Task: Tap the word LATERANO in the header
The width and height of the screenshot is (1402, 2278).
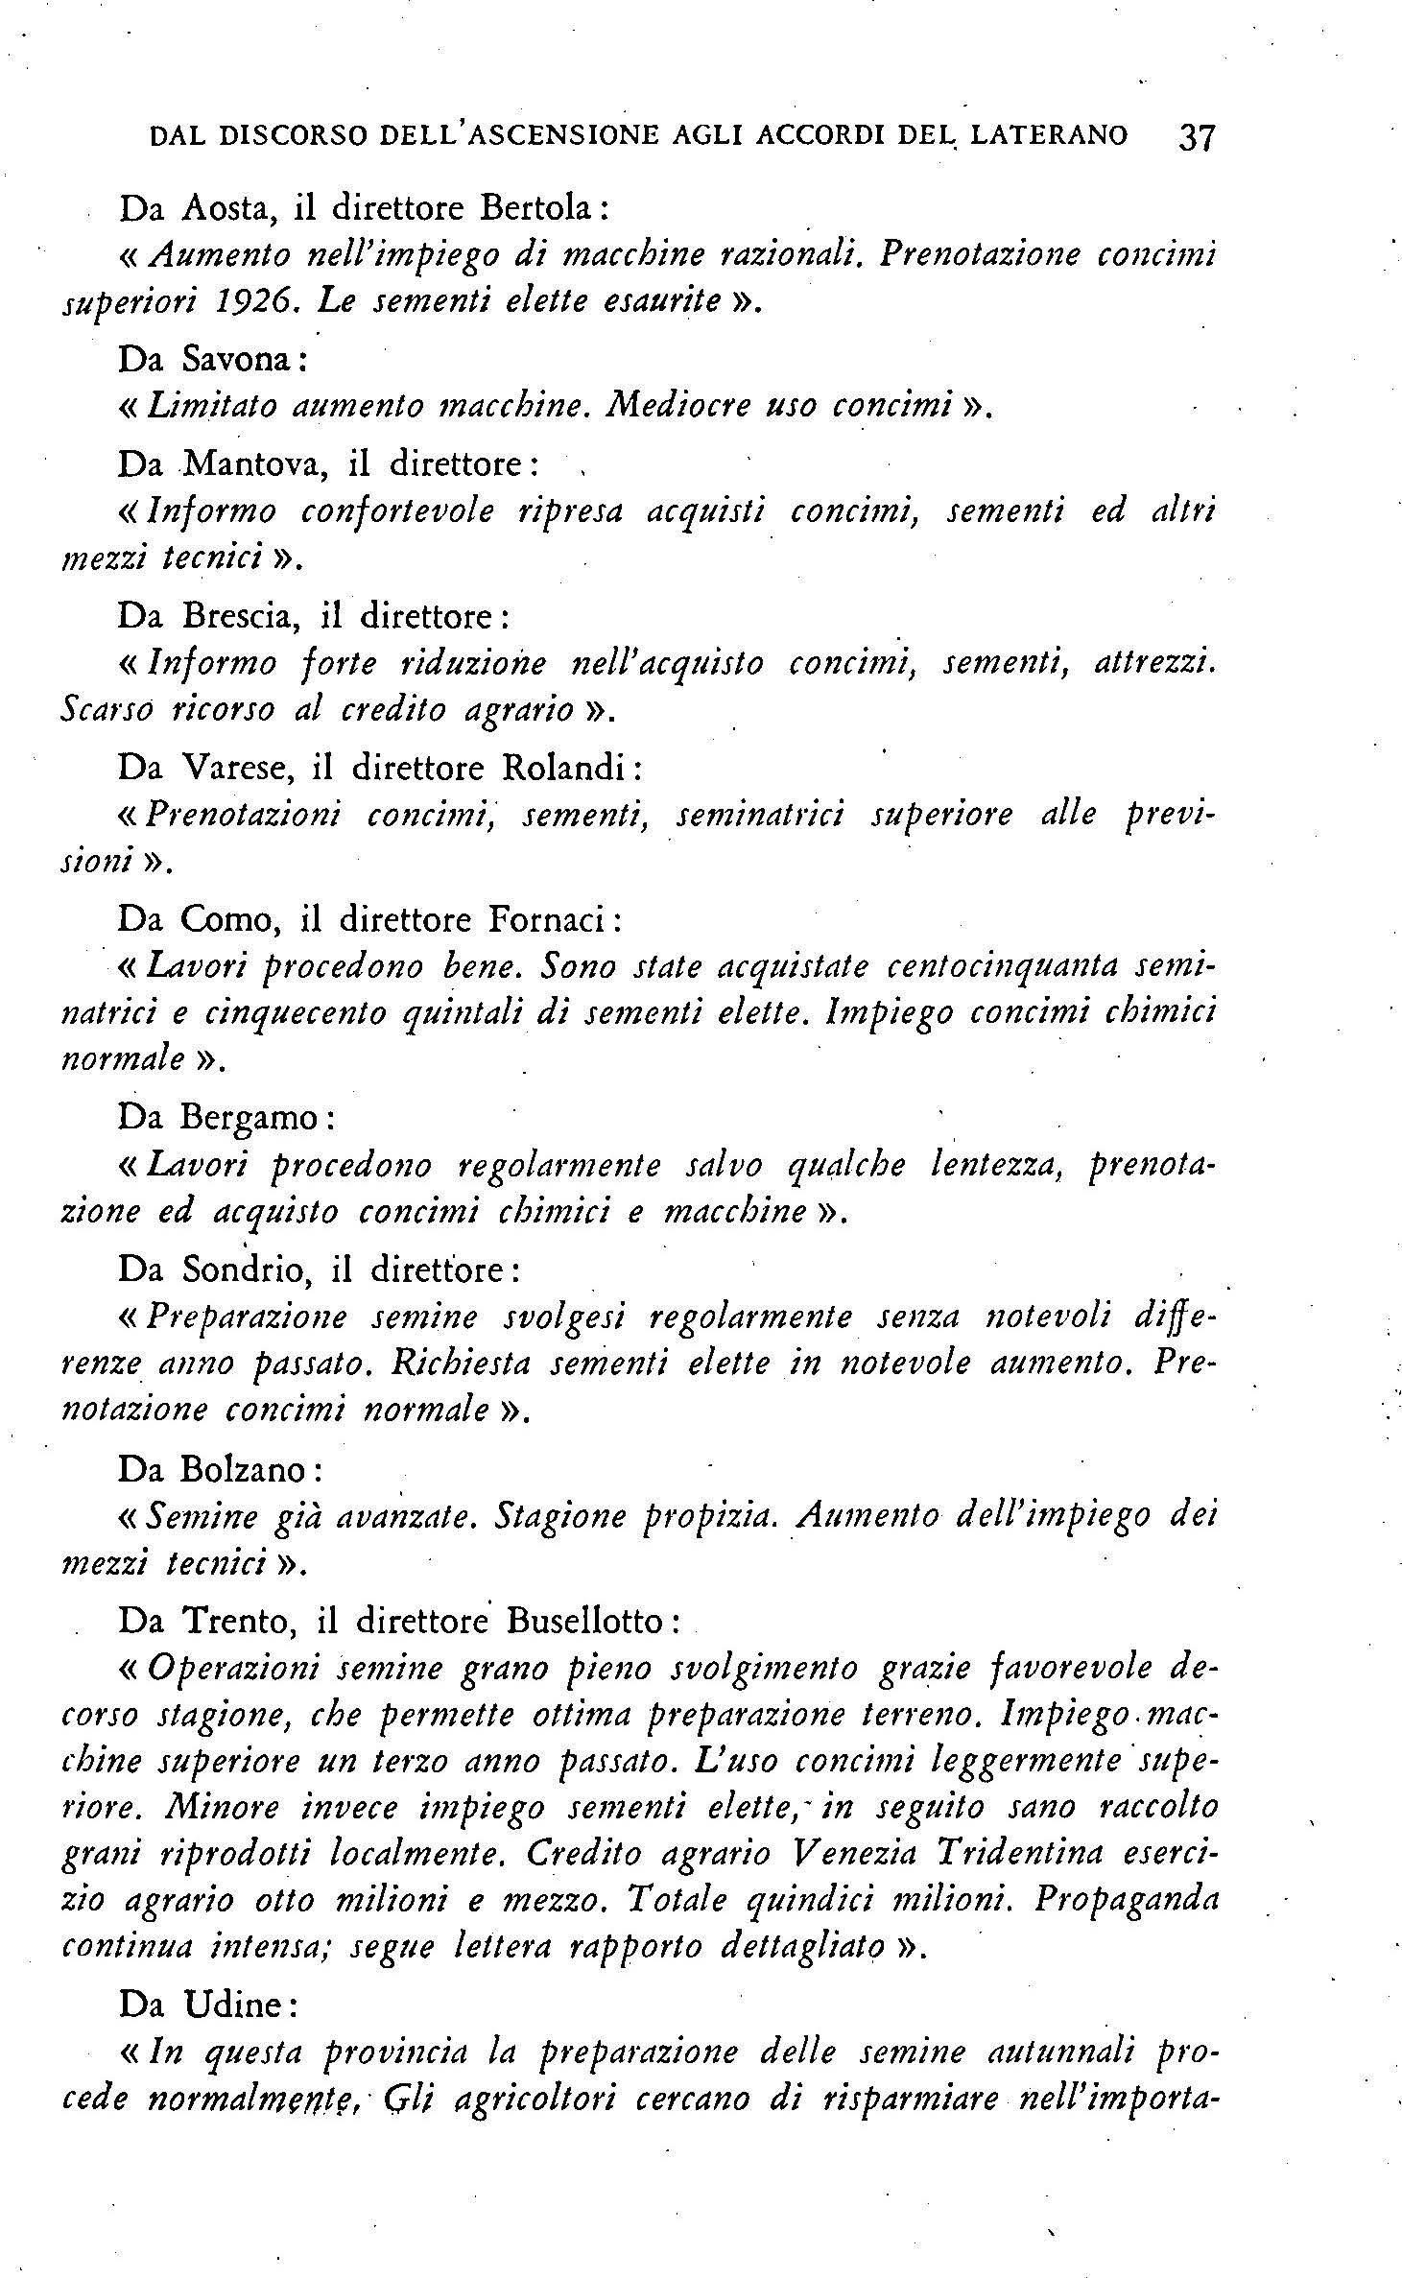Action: [x=1049, y=135]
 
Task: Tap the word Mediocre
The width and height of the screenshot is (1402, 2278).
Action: [x=676, y=406]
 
